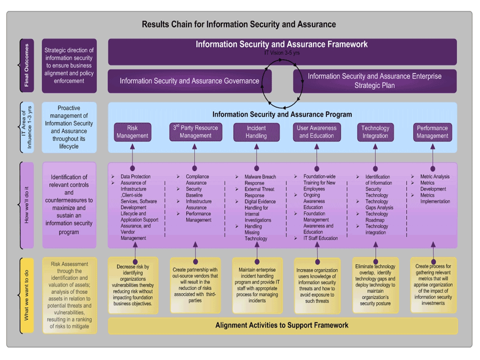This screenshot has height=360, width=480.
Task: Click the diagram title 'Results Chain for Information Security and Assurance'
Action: click(x=239, y=24)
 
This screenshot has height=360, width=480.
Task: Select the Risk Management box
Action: click(x=132, y=132)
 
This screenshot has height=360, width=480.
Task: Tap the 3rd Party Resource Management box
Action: click(x=196, y=132)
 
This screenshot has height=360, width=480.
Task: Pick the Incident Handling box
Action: click(x=256, y=132)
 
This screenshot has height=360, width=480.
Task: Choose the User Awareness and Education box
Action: click(x=317, y=132)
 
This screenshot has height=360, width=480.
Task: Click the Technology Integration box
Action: click(x=375, y=132)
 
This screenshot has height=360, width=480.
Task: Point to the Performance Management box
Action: click(x=432, y=132)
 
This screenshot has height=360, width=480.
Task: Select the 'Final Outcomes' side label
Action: click(x=26, y=66)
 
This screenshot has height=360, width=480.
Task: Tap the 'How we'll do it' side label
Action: click(x=26, y=205)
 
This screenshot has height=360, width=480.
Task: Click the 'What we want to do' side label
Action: click(x=26, y=295)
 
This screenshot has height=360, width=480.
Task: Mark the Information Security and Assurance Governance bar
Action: click(x=189, y=81)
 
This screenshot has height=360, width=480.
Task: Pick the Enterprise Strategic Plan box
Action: click(x=374, y=81)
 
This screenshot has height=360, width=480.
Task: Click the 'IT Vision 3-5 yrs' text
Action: click(x=282, y=53)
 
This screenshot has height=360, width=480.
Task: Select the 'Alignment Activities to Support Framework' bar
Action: click(x=282, y=325)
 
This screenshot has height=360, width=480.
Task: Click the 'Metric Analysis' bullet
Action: click(x=435, y=177)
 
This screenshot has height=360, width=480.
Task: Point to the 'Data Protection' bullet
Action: click(x=135, y=177)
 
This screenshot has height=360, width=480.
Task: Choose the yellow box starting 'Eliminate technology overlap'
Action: click(x=375, y=285)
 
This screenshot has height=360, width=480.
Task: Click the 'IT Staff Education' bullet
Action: click(x=320, y=238)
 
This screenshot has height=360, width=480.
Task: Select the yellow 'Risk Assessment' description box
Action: click(x=70, y=296)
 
